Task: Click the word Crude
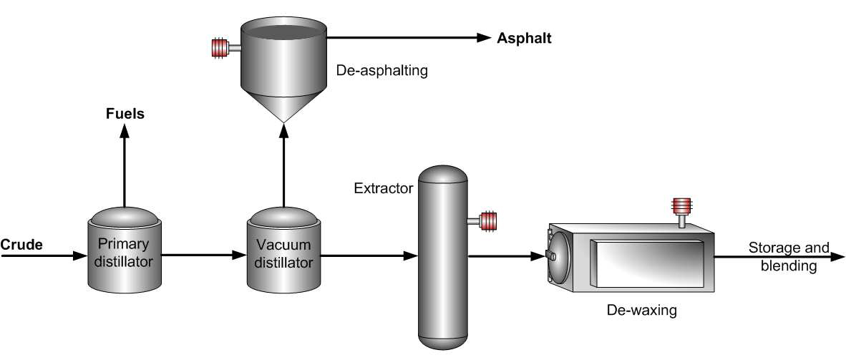[x=21, y=245]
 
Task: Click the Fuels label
[x=125, y=112]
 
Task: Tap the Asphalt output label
[x=525, y=38]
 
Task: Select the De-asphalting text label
[x=381, y=72]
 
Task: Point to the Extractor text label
[x=384, y=189]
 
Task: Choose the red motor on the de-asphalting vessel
[x=217, y=48]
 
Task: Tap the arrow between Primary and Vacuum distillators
[x=204, y=255]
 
